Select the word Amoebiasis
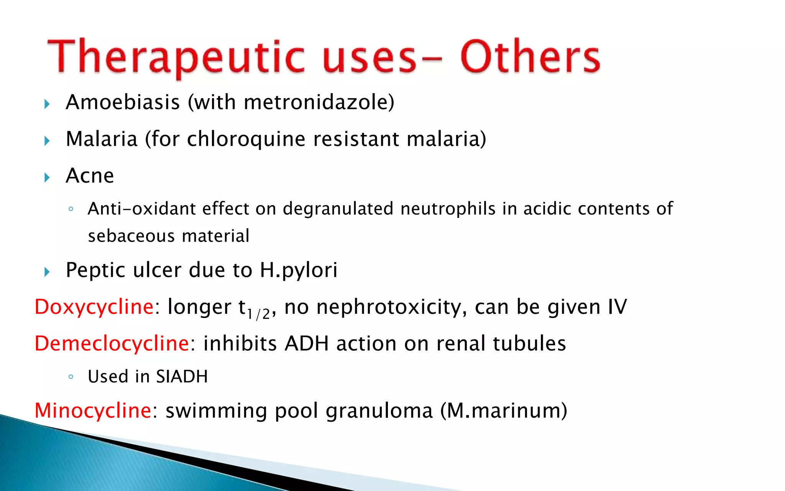(x=123, y=102)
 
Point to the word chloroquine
(x=246, y=139)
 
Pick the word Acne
(x=90, y=176)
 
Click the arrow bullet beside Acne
(x=47, y=178)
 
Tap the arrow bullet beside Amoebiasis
(x=47, y=104)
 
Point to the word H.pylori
(x=299, y=270)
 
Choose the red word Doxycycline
(x=94, y=307)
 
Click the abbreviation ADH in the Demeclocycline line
(x=306, y=343)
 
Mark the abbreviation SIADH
(x=182, y=377)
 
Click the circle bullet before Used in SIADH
(x=71, y=377)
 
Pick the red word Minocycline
(x=93, y=410)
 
